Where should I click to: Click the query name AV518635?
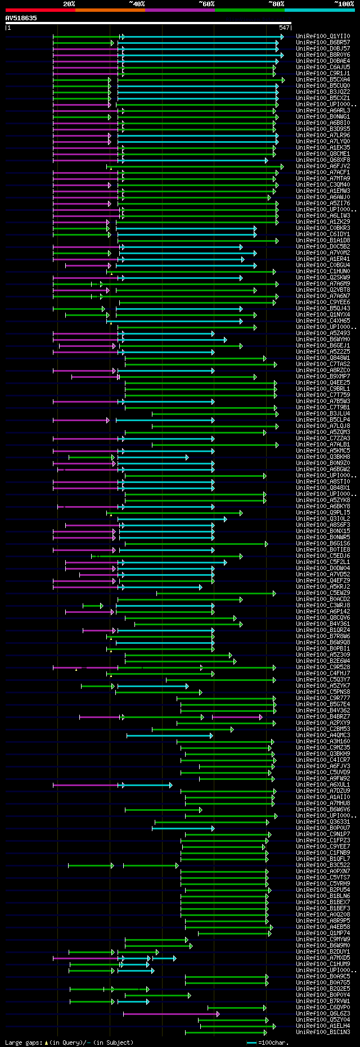point(21,18)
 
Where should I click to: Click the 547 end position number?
point(284,28)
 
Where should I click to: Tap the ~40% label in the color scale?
point(137,4)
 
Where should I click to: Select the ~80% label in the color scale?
point(276,4)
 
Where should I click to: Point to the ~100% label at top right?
point(344,4)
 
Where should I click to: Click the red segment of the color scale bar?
point(40,10)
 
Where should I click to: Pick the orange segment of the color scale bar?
point(110,10)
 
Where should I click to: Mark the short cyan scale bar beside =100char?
point(251,1043)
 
